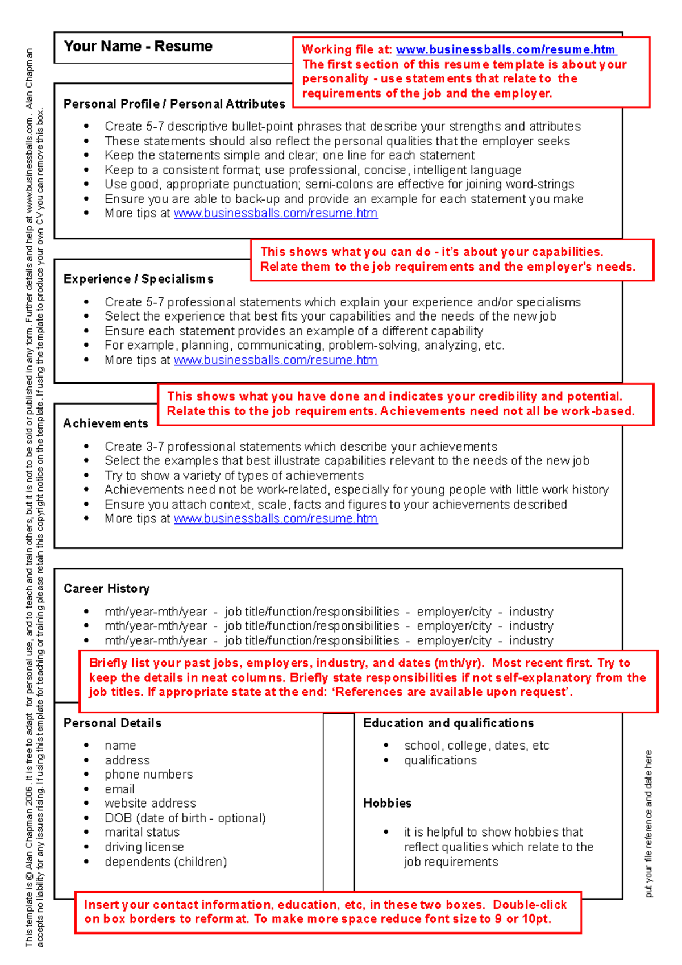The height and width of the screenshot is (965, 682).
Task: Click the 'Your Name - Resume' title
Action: (138, 46)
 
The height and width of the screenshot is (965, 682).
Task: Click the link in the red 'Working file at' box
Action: (505, 50)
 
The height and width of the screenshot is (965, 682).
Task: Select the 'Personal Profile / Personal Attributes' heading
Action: (174, 104)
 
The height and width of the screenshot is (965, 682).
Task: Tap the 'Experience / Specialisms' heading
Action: (139, 279)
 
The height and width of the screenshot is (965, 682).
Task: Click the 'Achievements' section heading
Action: (106, 423)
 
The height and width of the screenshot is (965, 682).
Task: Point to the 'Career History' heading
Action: (107, 589)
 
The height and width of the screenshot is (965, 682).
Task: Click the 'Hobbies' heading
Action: (387, 803)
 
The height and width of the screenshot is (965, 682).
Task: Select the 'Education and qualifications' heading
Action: (448, 723)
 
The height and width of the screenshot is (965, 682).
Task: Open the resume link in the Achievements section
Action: (276, 519)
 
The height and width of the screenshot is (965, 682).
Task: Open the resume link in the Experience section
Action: (276, 360)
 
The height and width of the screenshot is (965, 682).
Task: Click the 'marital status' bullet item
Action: (142, 833)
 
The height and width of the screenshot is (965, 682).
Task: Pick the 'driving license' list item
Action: (144, 847)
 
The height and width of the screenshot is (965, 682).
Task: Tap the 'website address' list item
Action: (150, 804)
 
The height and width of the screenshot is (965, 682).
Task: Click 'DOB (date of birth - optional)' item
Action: (185, 818)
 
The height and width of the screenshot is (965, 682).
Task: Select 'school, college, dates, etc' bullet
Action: (476, 746)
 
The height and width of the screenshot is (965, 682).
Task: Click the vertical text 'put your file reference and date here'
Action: (648, 823)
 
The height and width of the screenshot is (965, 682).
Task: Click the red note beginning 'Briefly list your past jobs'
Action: (368, 677)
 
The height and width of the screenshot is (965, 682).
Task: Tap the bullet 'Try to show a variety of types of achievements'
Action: (234, 476)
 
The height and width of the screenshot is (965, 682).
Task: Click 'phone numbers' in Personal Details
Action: (148, 775)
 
